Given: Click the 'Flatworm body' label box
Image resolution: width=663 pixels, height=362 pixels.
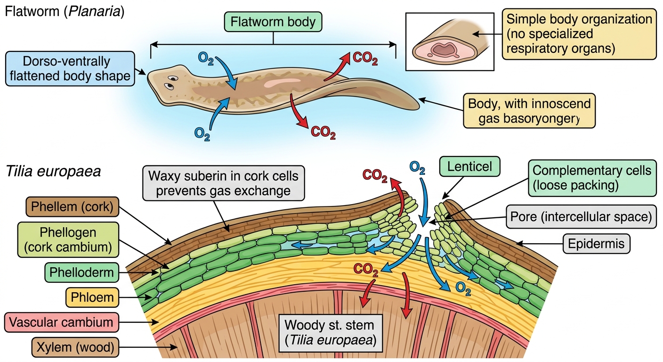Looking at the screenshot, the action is point(273,22).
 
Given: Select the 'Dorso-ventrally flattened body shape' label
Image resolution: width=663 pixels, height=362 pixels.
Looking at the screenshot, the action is point(70,69).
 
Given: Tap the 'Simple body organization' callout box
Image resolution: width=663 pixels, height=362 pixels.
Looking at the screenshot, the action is point(579,34).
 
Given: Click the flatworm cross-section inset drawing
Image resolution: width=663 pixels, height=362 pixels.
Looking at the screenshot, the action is point(450,42).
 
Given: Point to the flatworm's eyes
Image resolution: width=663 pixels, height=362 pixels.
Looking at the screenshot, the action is point(171,82).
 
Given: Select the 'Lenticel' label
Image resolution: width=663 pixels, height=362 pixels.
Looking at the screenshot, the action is point(470,166).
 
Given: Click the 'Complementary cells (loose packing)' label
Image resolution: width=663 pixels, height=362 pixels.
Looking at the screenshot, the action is point(592,178).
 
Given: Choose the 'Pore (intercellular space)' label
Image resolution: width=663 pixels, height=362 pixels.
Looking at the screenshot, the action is point(581,216).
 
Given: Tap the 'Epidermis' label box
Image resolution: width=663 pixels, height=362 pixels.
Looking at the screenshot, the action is point(596,244).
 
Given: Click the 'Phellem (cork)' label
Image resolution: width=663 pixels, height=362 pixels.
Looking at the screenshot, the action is point(72,207).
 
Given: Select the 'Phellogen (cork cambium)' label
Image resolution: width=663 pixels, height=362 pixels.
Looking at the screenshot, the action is point(68,239).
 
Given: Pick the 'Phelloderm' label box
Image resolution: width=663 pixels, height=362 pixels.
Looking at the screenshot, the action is point(81,272).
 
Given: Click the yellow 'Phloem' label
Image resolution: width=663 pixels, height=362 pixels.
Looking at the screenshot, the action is point(92,297).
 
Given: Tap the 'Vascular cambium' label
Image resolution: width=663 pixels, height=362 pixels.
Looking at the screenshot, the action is point(61,322).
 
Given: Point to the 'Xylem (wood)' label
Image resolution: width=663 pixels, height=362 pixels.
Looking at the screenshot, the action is point(75,347).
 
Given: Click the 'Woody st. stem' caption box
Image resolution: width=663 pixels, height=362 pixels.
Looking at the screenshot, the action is point(331,333).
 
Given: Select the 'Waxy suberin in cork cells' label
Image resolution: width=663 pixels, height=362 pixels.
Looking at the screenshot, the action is point(224,183).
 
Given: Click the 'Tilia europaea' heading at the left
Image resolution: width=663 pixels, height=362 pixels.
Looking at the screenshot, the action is point(53,171).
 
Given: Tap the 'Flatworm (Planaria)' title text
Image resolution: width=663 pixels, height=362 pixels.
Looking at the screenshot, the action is point(65,11).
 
